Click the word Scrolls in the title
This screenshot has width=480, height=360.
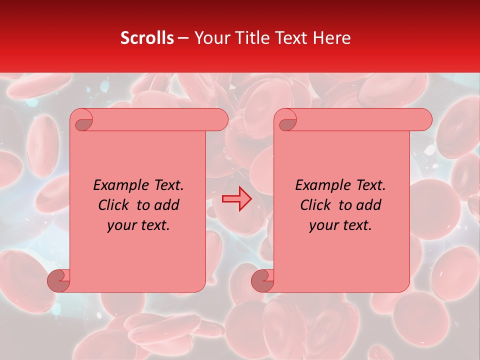coord(147,38)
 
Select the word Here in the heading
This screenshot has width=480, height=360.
coord(331,38)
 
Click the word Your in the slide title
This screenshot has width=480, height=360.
coord(211,38)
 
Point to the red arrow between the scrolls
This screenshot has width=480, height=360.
coord(237,199)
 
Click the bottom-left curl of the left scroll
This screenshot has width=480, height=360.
coord(59,280)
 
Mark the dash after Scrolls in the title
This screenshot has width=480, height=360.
coord(183,38)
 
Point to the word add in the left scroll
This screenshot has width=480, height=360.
coord(167,205)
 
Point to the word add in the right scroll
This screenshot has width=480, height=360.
coord(369,205)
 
